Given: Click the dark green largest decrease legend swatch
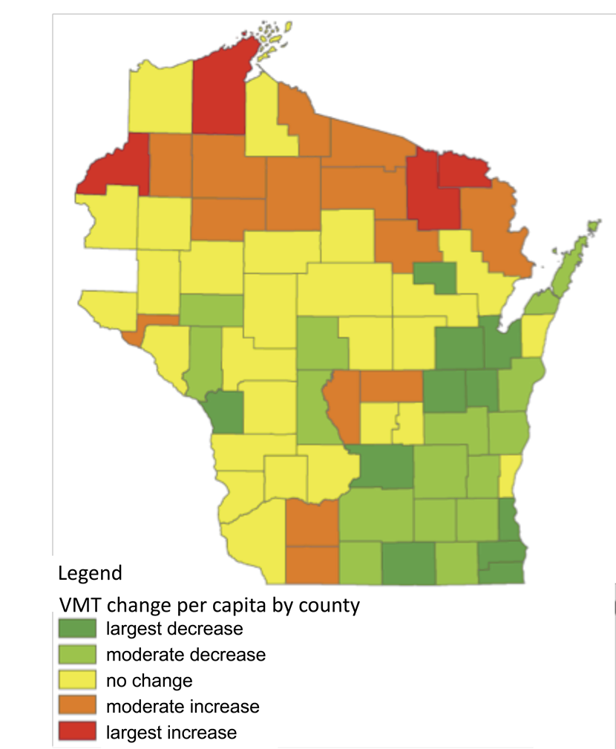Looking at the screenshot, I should coord(77,629).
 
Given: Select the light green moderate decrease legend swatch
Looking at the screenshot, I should coord(77,655).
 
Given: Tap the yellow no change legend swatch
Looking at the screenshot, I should coord(77,681).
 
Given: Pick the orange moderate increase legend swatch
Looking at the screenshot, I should coord(77,706).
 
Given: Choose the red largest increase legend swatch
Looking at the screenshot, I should coord(77,732).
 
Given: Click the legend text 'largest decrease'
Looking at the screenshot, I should coord(174,629).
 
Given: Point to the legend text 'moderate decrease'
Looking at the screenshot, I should coord(186,655).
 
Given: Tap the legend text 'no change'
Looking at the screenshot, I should coord(149,681).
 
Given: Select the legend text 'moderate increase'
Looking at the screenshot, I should coord(183,706).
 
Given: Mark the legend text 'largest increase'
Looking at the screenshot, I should coord(171,733).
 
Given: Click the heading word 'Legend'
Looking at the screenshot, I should coord(89,573).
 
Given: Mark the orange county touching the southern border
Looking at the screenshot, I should coord(312,564).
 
